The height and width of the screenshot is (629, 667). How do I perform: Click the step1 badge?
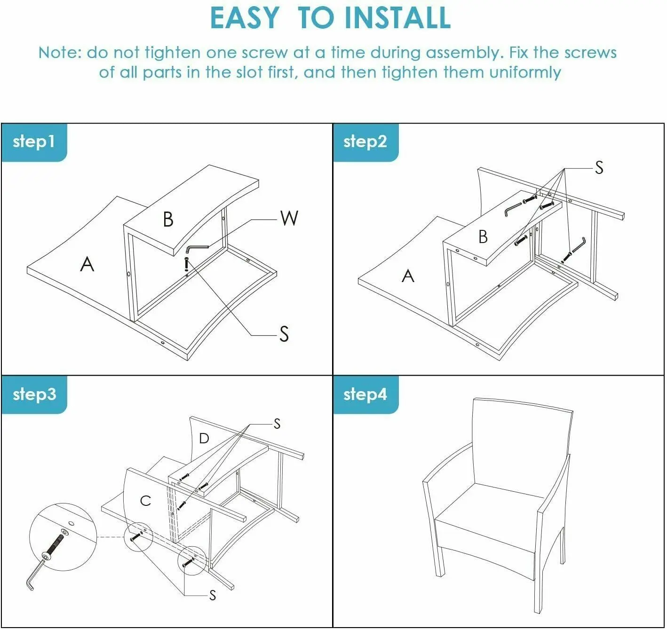(x=34, y=142)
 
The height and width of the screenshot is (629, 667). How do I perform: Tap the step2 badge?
(x=366, y=142)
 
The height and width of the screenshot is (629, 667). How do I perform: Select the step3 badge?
(x=34, y=395)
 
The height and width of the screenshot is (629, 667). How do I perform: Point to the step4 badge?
(x=366, y=395)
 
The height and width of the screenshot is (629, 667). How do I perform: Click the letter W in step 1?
(x=289, y=218)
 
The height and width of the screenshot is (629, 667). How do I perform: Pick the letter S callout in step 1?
(x=284, y=334)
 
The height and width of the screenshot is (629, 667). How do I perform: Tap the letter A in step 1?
(x=87, y=264)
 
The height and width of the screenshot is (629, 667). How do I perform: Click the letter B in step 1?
(x=168, y=219)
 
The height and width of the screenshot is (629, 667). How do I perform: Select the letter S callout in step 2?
(x=599, y=167)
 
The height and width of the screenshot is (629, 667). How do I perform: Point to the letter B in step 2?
(x=483, y=237)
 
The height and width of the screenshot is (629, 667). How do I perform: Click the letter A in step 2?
(x=408, y=276)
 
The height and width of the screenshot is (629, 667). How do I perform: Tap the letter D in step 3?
(x=204, y=438)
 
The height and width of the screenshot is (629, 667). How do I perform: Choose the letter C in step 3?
(x=145, y=501)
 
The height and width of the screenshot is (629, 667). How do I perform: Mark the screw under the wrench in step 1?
(x=186, y=264)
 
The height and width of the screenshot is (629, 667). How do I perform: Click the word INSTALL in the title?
(x=398, y=18)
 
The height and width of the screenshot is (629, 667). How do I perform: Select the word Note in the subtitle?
(x=58, y=53)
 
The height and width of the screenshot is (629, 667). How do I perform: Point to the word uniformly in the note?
(x=525, y=72)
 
